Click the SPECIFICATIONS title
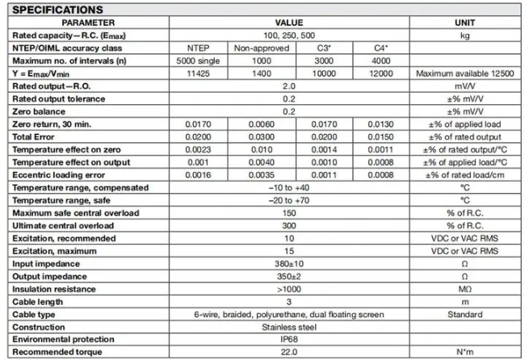tap(57, 10)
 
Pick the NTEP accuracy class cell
tap(198, 48)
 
